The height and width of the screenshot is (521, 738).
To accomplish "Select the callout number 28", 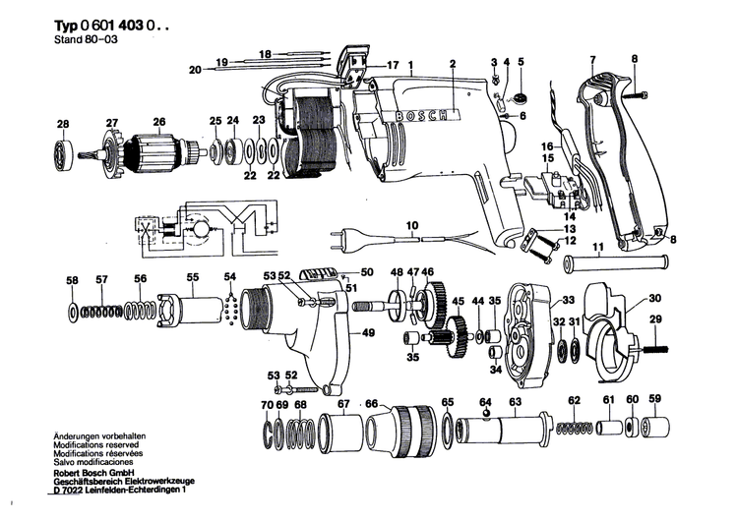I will [62, 124].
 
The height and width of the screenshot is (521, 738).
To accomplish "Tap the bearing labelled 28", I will [65, 152].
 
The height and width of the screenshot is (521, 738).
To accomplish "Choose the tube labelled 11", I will [615, 263].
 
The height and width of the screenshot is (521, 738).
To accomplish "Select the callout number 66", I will [371, 403].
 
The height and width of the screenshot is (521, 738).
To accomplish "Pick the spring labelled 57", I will [101, 312].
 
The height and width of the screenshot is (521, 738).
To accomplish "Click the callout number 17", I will [393, 66].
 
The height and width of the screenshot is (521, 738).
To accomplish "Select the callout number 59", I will [655, 399].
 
